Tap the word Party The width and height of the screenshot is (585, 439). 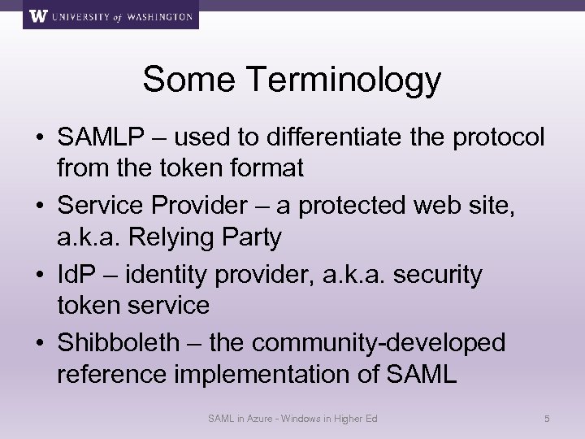click(x=253, y=237)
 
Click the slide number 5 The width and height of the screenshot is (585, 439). click(x=547, y=419)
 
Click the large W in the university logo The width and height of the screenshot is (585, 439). click(x=38, y=15)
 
